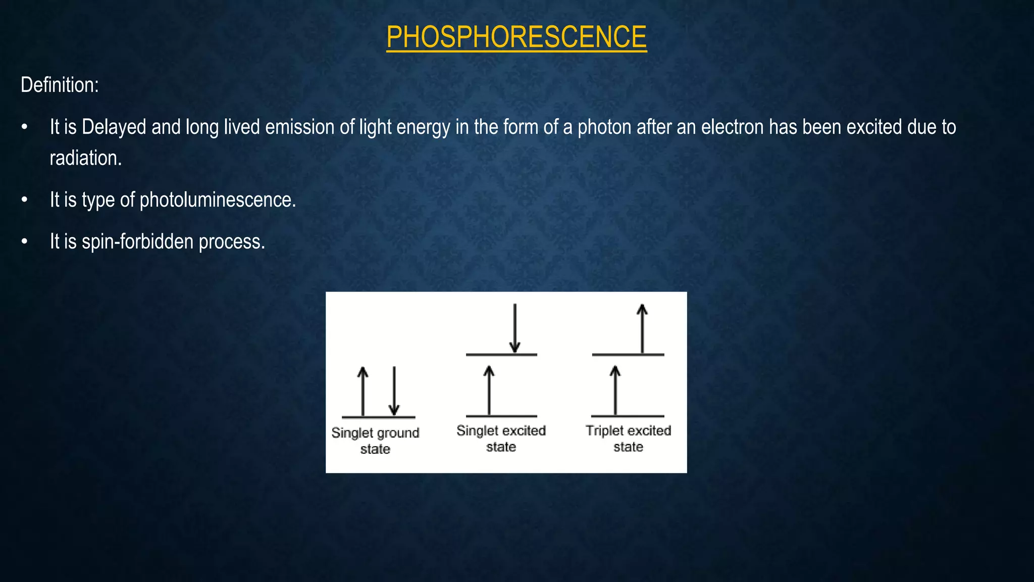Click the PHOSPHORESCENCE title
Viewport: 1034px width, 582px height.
[x=516, y=37]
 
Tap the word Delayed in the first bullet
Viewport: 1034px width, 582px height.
[x=114, y=127]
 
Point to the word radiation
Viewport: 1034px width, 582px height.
[x=85, y=158]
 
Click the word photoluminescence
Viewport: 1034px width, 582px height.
[x=217, y=200]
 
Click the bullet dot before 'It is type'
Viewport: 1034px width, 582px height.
[x=24, y=200]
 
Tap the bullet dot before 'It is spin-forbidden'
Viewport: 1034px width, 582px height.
[x=24, y=242]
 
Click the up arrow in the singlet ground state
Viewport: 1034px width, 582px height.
[x=363, y=391]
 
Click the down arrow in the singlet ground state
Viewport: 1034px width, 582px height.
[x=394, y=391]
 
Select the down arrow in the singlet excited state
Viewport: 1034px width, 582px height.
[x=514, y=328]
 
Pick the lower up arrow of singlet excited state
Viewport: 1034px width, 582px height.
[x=489, y=390]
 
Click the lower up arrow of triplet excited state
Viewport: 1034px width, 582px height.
[x=614, y=390]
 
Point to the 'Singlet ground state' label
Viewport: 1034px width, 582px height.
[x=375, y=441]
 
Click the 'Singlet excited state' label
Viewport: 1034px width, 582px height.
[x=501, y=439]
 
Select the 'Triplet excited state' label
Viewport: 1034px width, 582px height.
[x=628, y=439]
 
